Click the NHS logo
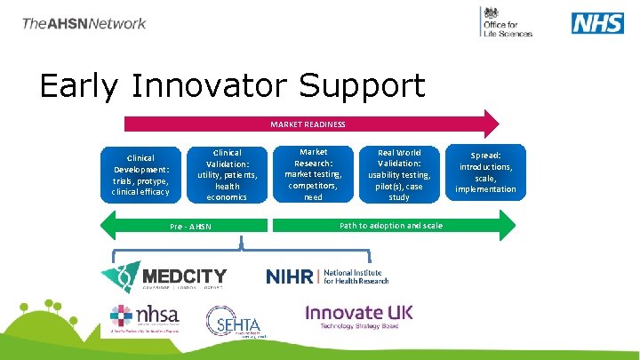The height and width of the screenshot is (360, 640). pos(596,22)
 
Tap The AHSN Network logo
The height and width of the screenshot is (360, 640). pos(84,23)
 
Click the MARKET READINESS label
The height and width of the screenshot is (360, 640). pos(308,124)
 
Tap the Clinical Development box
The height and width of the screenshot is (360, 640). pos(140,174)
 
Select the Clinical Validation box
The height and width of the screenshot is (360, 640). pos(228,174)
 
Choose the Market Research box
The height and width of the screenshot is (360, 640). pos(313,174)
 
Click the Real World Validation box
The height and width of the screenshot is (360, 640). pos(399,174)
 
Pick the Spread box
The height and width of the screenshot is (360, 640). pos(485,170)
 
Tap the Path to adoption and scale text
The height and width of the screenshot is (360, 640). pos(391,226)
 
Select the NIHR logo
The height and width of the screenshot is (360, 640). pos(327,276)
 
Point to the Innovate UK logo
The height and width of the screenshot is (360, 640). pos(358,316)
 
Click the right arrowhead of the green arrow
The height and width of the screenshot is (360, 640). pos(508,226)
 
